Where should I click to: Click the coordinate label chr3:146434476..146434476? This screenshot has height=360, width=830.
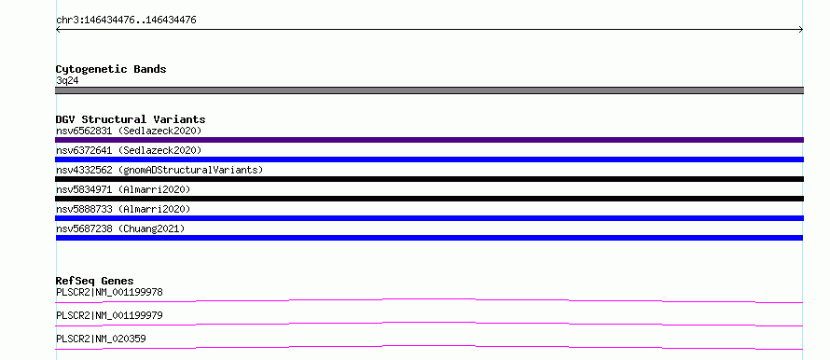click(126, 21)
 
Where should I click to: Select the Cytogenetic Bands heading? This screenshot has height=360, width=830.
click(111, 69)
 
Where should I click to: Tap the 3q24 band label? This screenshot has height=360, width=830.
click(67, 81)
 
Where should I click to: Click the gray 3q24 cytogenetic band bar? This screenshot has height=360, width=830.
click(429, 90)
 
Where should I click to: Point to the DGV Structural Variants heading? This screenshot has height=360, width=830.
click(131, 119)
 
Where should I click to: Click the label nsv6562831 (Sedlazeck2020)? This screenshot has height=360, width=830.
click(129, 131)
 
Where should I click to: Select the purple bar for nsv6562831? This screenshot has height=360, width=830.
click(429, 140)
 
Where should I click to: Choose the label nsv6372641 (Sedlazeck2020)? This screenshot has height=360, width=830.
click(129, 150)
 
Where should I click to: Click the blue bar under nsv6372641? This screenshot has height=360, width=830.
click(429, 159)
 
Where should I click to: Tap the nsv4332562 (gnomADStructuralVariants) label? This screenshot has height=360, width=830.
click(159, 170)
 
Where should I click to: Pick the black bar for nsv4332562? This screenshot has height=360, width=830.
click(429, 179)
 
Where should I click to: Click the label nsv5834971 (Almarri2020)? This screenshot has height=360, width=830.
click(123, 189)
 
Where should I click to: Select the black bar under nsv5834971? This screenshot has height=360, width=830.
click(429, 199)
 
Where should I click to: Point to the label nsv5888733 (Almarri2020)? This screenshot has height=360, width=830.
click(123, 209)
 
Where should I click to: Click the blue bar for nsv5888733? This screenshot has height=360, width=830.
click(429, 218)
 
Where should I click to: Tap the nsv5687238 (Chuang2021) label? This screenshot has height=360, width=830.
click(120, 228)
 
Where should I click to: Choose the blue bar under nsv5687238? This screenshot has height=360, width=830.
click(429, 238)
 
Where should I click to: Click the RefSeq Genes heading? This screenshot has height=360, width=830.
click(95, 281)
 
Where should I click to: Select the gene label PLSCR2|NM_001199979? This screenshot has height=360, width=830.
click(109, 316)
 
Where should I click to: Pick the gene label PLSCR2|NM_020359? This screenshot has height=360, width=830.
click(101, 339)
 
